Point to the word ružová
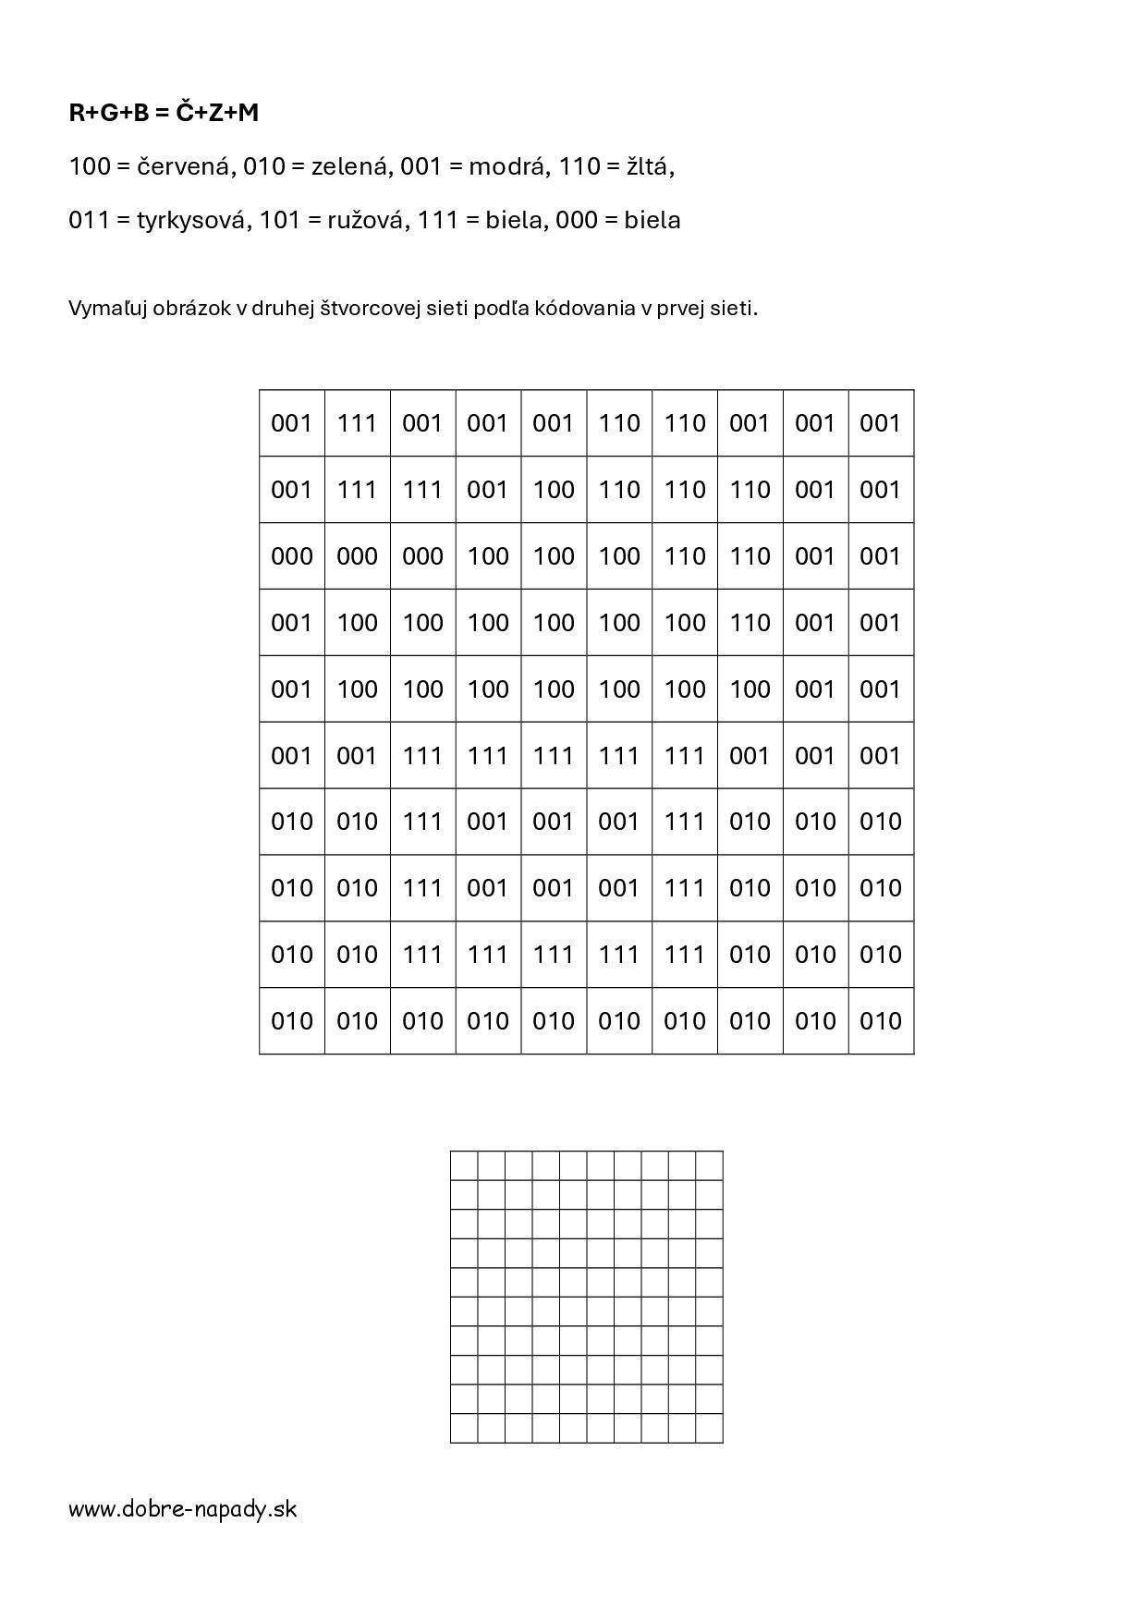pyautogui.click(x=366, y=221)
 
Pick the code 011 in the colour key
pyautogui.click(x=89, y=221)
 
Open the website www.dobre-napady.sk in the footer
pyautogui.click(x=183, y=1509)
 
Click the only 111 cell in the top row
pyautogui.click(x=357, y=423)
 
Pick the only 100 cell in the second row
pyautogui.click(x=554, y=490)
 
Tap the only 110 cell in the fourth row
pyautogui.click(x=750, y=623)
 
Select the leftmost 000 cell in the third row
pyautogui.click(x=291, y=556)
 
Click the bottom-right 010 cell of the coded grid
pyautogui.click(x=881, y=1021)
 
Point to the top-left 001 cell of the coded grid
pyautogui.click(x=291, y=423)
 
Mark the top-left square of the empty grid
pyautogui.click(x=464, y=1165)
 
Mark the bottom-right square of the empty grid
pyautogui.click(x=709, y=1428)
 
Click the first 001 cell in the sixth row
pyautogui.click(x=291, y=756)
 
